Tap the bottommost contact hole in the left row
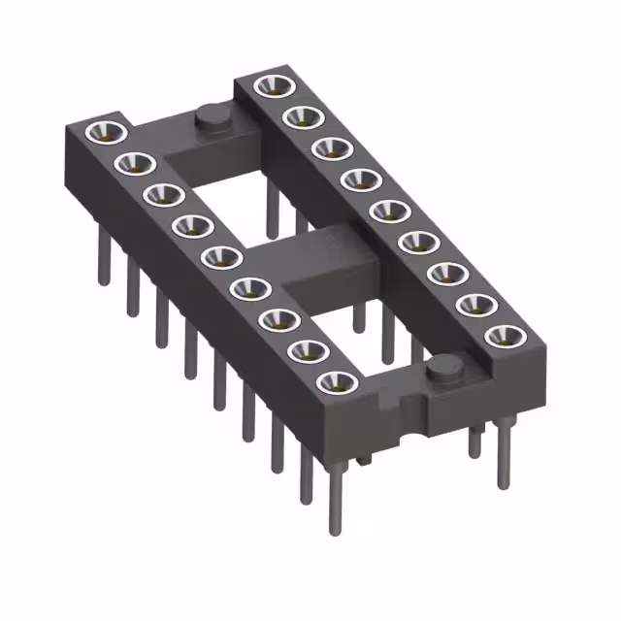336,381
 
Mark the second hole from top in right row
298,117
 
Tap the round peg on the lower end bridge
444,370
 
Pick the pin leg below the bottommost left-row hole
333,500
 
